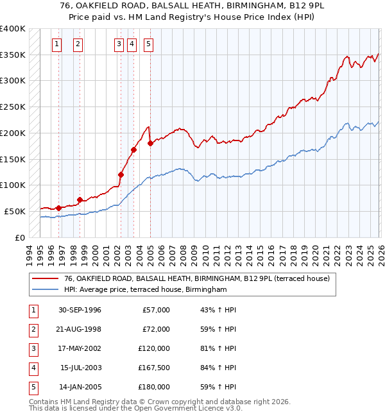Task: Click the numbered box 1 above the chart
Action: (57, 44)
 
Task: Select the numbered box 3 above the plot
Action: (119, 44)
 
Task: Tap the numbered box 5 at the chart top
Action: (148, 44)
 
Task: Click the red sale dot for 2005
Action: (150, 143)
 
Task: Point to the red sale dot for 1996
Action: (58, 207)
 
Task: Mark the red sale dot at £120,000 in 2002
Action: (121, 174)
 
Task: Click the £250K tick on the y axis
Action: (12, 107)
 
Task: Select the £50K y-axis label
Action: (15, 211)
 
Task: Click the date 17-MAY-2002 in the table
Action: (80, 348)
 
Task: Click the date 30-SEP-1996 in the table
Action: (80, 310)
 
